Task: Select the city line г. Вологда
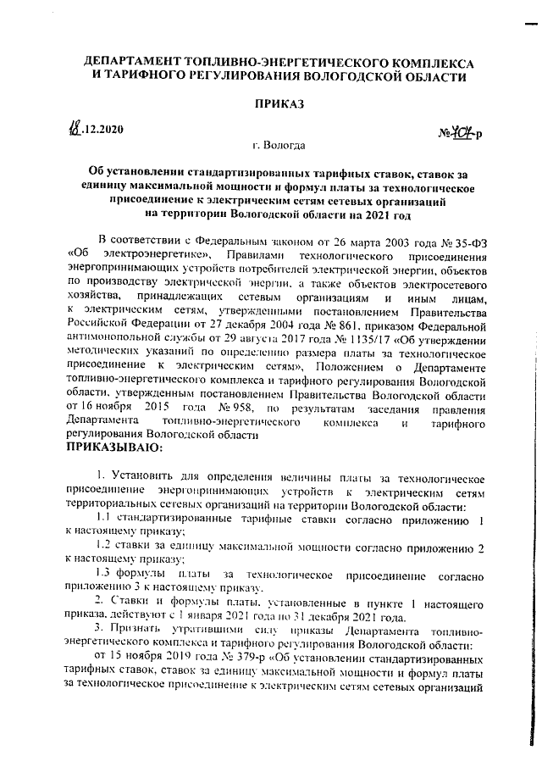coord(278,146)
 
